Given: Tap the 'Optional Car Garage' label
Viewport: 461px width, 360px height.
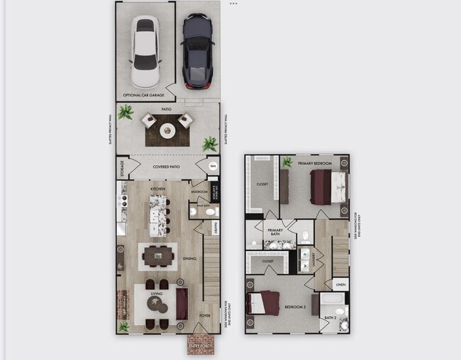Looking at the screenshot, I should coord(144,94).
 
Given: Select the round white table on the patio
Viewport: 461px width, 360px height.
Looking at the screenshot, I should coord(167,130).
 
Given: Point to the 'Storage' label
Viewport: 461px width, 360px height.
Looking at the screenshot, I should coord(122,168).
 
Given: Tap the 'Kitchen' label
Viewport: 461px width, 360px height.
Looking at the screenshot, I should coord(157,190).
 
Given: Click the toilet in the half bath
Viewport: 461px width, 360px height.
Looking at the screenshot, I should coord(193,211).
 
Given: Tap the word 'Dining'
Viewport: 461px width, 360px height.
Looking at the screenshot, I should coord(189,259).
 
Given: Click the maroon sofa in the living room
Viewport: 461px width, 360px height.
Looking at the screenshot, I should coord(182,300).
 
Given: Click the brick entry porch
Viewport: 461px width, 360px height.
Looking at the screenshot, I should coord(202,344).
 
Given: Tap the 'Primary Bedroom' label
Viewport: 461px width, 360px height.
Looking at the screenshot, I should coord(316,163).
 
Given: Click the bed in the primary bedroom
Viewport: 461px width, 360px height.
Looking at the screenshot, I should coord(328,187).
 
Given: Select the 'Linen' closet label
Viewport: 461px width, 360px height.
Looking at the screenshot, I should coord(340,285).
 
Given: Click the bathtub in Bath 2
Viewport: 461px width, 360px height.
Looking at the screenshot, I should coord(334,310).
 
